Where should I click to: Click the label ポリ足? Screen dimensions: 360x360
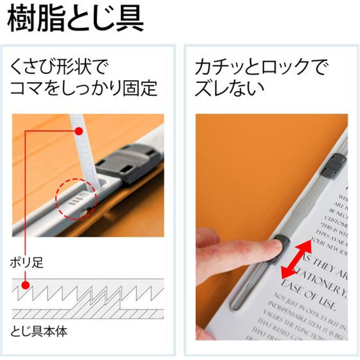[27, 262]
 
